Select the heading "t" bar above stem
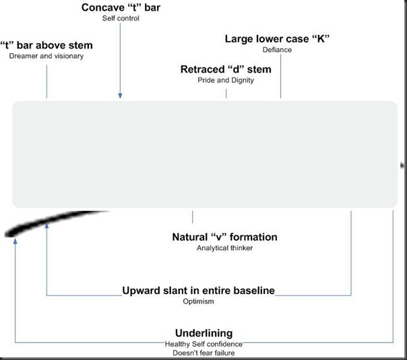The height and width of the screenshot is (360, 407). coord(46,45)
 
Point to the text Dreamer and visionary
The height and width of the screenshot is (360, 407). coord(46,56)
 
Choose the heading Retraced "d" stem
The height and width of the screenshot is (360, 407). coord(226,69)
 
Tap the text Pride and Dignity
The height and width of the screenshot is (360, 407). coord(226,80)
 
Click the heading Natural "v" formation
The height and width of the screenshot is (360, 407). coord(225,237)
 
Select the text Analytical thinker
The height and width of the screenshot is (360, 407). coord(225,248)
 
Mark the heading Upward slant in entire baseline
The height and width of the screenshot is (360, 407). coord(198,291)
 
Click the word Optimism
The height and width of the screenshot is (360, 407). coord(198,301)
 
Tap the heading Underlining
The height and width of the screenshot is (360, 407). coord(204,333)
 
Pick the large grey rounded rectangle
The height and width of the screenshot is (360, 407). coord(204,154)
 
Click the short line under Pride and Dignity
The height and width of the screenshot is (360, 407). coord(226,93)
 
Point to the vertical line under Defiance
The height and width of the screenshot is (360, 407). coord(280,78)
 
